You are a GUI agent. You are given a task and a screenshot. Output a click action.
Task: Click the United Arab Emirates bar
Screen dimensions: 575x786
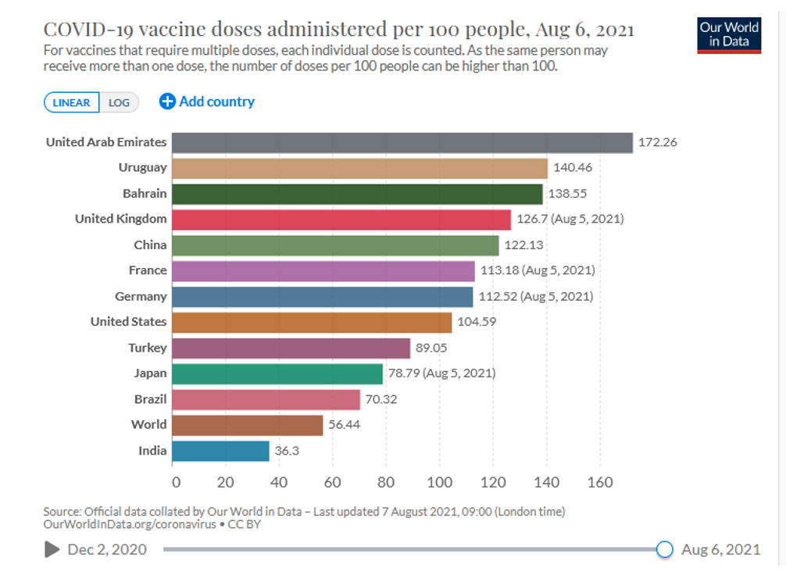(x=402, y=142)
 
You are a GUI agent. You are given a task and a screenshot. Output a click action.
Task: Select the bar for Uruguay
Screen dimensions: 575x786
(x=359, y=168)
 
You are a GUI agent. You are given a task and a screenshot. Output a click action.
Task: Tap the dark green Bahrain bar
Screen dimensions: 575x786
(x=357, y=194)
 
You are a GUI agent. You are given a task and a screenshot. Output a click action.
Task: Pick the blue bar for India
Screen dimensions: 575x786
(x=220, y=451)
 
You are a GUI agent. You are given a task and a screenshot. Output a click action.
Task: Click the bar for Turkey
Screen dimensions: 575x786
(x=291, y=348)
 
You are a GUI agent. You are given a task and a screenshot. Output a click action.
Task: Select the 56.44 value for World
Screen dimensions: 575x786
(x=345, y=425)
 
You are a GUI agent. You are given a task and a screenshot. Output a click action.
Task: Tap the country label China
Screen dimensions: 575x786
(x=150, y=245)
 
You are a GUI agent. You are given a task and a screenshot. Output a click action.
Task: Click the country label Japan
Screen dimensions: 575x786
(x=150, y=373)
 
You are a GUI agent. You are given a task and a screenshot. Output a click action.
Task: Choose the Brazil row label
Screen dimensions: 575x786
(x=150, y=399)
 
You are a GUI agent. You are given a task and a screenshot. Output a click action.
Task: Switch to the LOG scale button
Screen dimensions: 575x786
(x=119, y=102)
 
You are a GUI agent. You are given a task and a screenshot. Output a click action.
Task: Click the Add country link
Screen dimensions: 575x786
(x=207, y=102)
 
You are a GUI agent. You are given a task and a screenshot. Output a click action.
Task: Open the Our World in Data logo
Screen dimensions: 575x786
(x=728, y=34)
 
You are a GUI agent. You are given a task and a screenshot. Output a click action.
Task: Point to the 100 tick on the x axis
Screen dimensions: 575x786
(x=440, y=482)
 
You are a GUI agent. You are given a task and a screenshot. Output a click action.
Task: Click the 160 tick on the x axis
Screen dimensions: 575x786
(x=600, y=482)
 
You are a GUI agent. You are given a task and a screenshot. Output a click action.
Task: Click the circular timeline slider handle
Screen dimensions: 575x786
(x=664, y=549)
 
